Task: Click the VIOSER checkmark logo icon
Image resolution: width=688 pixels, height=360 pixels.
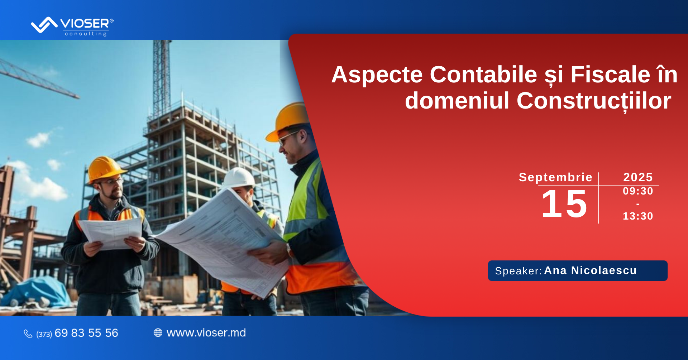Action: click(x=44, y=25)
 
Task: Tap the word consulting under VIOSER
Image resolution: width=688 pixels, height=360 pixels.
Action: click(x=86, y=34)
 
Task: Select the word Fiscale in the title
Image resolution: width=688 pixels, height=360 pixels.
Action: click(x=610, y=75)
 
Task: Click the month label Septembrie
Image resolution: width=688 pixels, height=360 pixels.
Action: click(x=555, y=177)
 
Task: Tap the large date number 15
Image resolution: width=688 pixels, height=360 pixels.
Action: click(x=564, y=204)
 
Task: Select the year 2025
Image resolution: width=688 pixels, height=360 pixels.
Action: click(x=638, y=177)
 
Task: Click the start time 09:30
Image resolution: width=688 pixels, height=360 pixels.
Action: click(x=638, y=191)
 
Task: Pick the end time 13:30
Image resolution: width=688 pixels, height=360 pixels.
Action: click(x=638, y=216)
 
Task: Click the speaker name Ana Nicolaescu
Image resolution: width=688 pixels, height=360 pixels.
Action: click(x=590, y=270)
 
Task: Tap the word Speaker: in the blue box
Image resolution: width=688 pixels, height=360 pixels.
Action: click(x=518, y=271)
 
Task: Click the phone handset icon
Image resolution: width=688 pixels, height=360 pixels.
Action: click(x=28, y=334)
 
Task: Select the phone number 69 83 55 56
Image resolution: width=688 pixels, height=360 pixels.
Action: click(x=86, y=333)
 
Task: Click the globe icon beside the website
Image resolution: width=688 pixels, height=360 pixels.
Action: click(x=158, y=333)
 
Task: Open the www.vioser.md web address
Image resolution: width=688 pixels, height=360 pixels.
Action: click(x=206, y=333)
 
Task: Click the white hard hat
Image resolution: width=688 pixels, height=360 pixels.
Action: click(x=239, y=177)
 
